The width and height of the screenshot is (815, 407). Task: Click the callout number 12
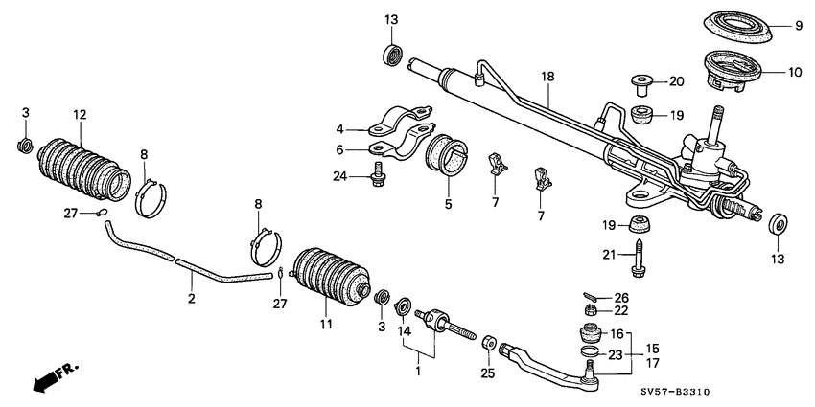click(x=80, y=115)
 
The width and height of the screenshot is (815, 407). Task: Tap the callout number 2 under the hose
click(x=191, y=300)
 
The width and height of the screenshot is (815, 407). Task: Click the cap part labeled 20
click(x=640, y=84)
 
